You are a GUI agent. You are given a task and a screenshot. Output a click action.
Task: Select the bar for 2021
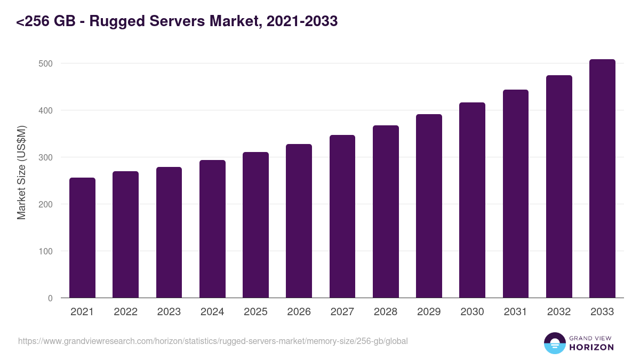(82, 238)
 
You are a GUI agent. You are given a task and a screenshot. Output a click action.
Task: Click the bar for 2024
(212, 229)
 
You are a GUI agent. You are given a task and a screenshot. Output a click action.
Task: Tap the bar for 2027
(342, 217)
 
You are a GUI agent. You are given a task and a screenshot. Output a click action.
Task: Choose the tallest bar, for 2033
(602, 179)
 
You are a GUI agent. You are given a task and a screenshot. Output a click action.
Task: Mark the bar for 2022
(125, 235)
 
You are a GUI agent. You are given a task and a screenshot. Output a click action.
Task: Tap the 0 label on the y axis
(50, 298)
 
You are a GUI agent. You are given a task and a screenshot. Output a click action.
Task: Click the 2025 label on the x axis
(255, 312)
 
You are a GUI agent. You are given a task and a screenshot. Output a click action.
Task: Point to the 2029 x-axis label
(429, 312)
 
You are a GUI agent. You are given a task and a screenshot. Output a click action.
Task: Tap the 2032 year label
(559, 312)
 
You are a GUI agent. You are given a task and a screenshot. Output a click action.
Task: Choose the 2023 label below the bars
(169, 312)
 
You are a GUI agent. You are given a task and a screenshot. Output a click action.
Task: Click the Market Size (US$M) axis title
(21, 172)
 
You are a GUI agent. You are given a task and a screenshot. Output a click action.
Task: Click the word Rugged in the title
(113, 21)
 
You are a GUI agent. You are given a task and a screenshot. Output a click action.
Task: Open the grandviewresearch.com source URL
(213, 341)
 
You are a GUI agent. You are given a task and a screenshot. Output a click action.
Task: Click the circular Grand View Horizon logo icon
(555, 343)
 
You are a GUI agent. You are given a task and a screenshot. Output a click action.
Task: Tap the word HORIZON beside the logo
(591, 347)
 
